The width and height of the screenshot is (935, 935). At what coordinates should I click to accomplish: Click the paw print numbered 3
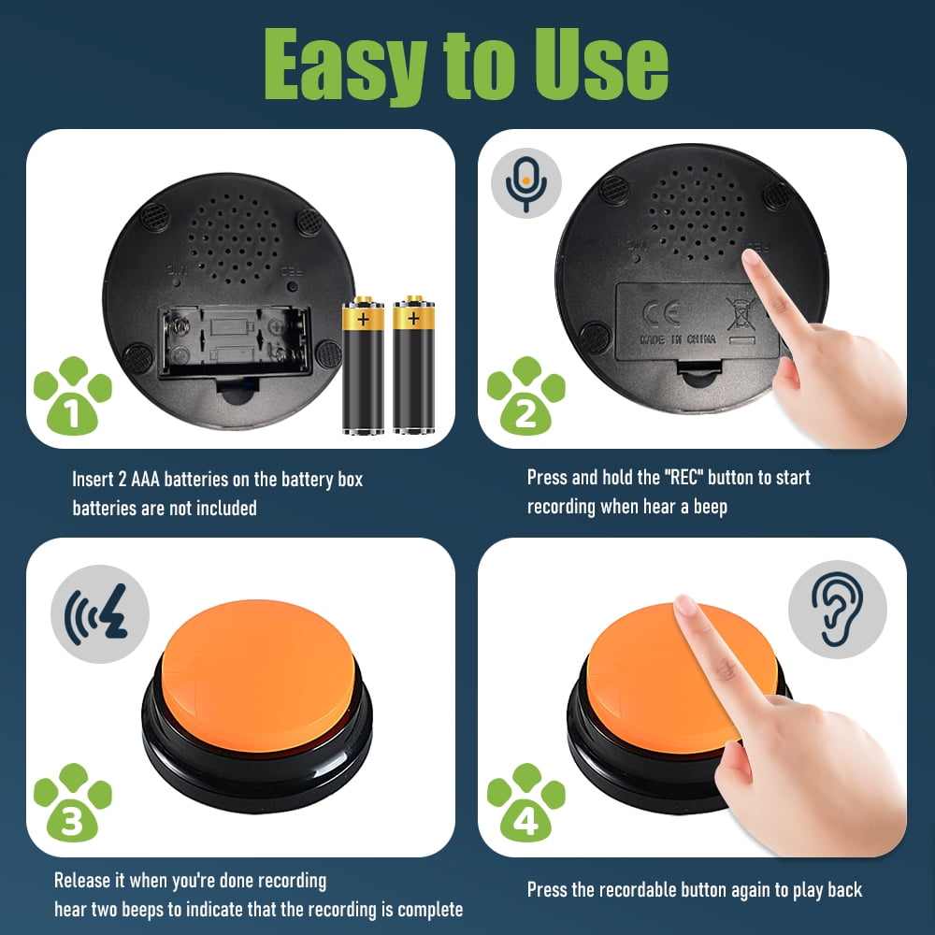pos(72,802)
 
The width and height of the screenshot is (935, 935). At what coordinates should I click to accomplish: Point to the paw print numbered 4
pos(525,804)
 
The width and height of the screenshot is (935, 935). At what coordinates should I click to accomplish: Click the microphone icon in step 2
pos(526,183)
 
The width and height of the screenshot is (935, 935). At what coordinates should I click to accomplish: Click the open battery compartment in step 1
pos(234,341)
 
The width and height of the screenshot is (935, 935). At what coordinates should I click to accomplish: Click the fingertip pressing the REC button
pos(754,262)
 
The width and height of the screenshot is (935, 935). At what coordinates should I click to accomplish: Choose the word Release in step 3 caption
pos(81,881)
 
